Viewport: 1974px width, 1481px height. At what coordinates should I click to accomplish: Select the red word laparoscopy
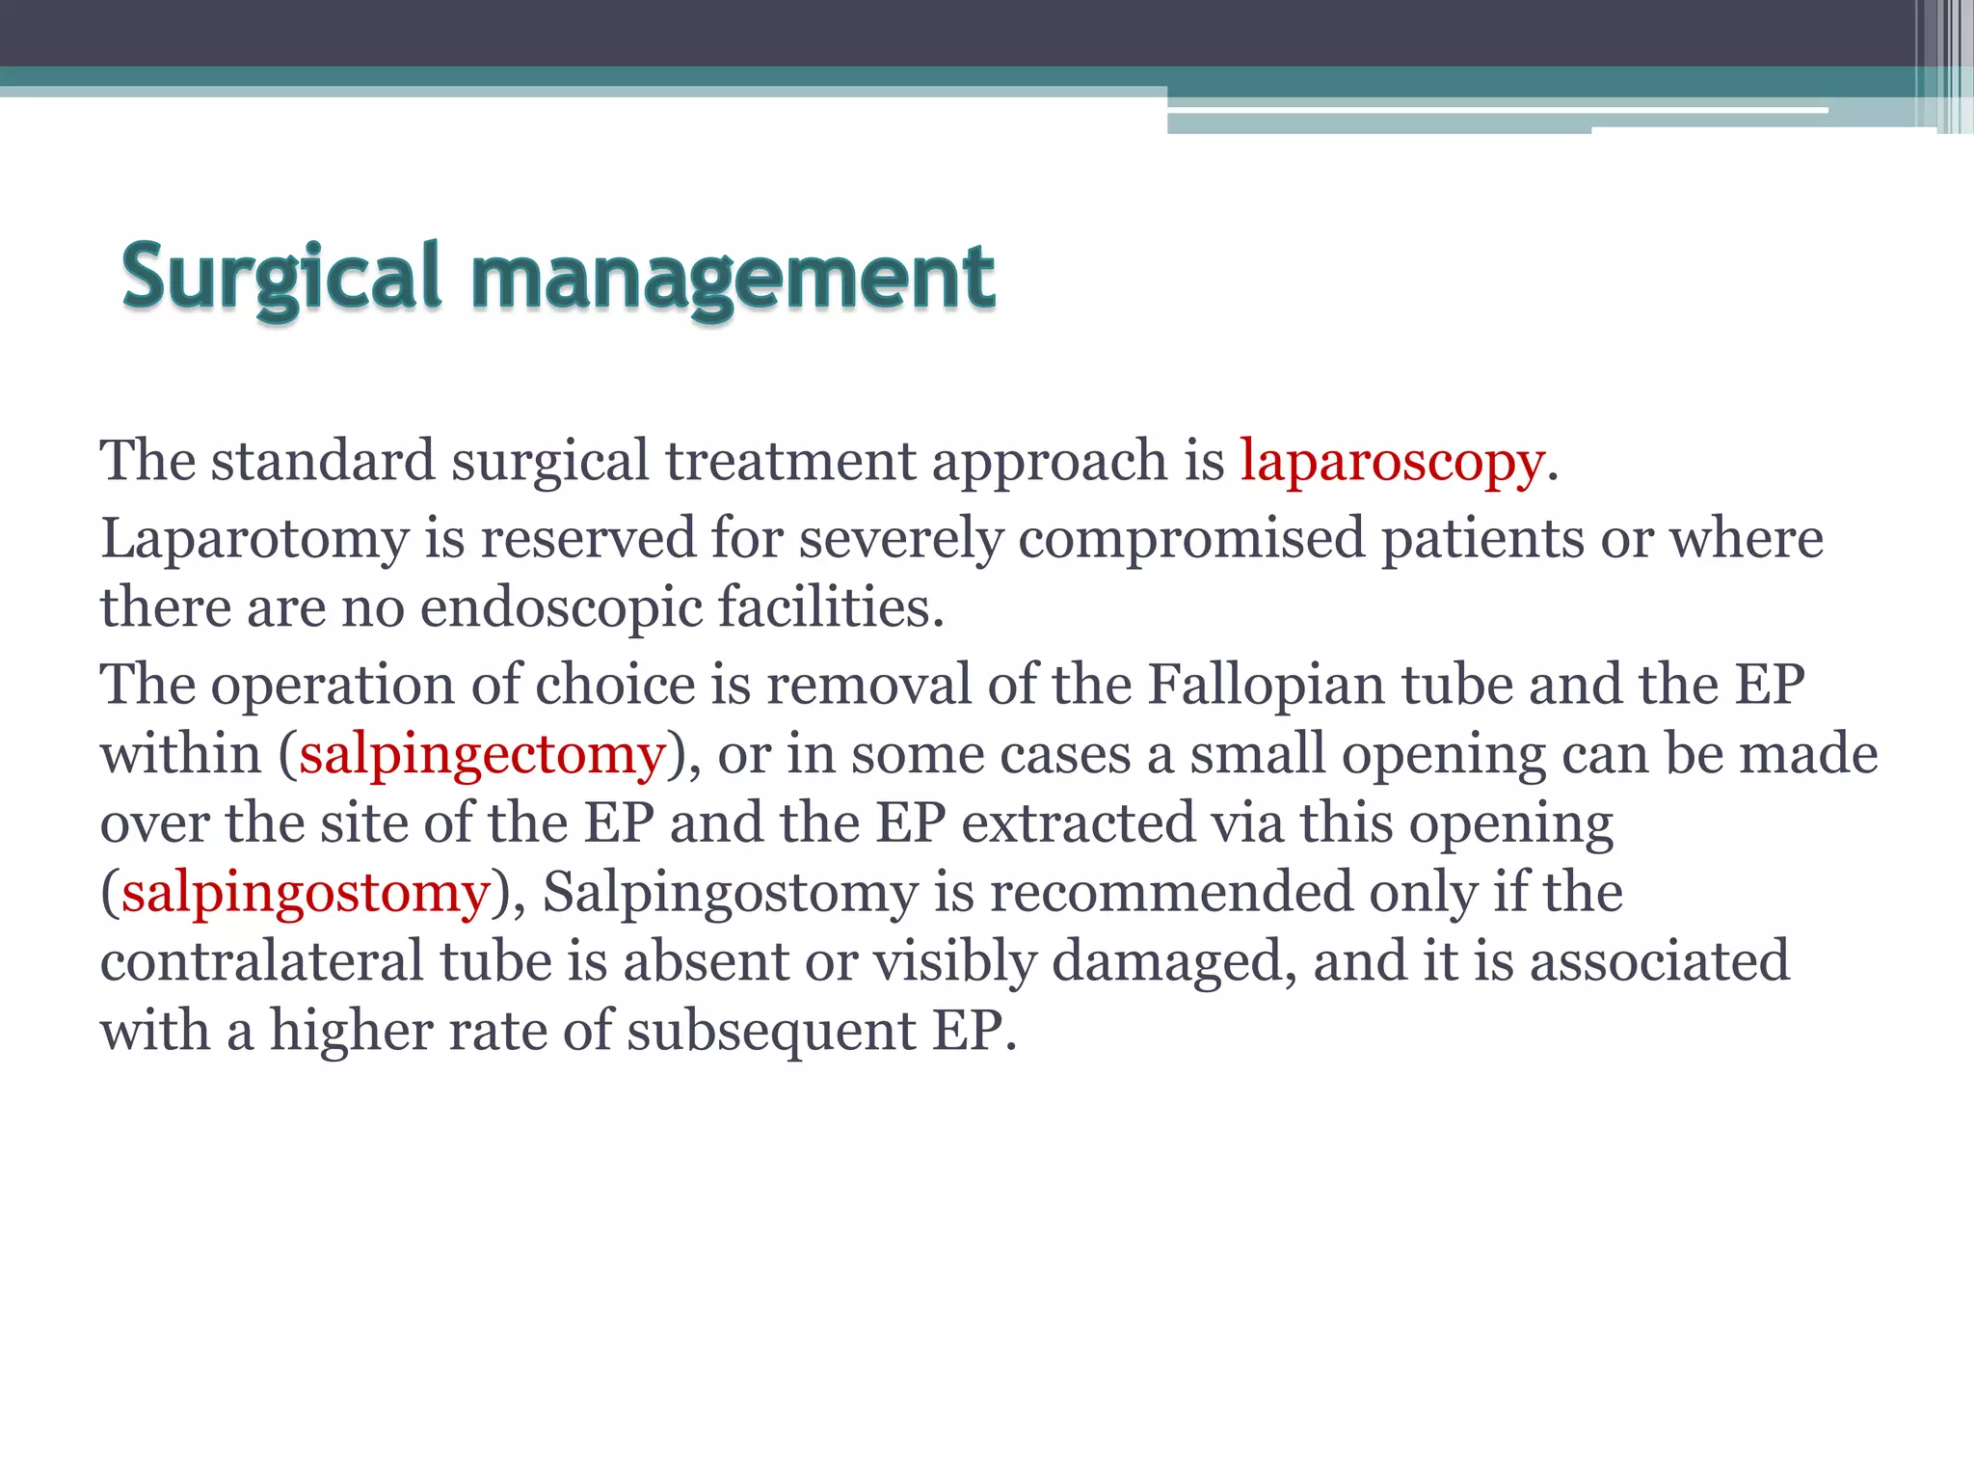(x=1392, y=461)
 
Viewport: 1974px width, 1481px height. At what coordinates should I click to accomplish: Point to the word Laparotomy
(x=254, y=538)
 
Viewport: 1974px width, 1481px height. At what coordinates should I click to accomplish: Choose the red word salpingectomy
(x=482, y=754)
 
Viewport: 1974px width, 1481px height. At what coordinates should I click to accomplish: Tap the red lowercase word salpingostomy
(x=306, y=893)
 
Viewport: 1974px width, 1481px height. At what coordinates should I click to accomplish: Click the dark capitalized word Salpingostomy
(x=730, y=893)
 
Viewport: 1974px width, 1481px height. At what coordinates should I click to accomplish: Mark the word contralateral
(x=261, y=961)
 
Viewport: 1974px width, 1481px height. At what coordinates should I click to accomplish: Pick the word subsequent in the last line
(x=771, y=1031)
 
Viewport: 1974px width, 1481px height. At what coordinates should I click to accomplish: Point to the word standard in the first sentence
(x=323, y=461)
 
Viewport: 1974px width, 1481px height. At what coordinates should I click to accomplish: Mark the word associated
(x=1659, y=961)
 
